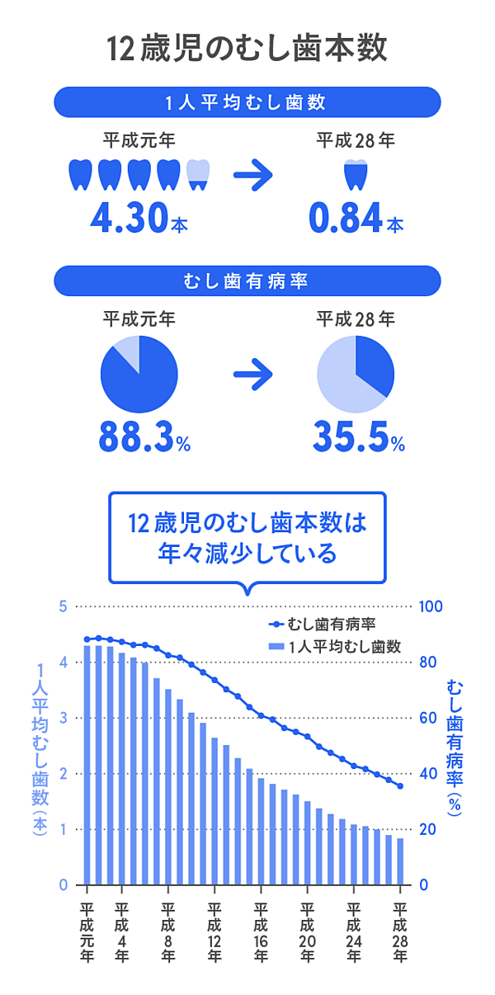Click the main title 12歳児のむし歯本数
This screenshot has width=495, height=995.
tap(247, 49)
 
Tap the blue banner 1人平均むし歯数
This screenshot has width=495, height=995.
tap(247, 103)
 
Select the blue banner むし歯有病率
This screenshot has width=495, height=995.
tap(247, 281)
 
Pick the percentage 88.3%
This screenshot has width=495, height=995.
tap(136, 436)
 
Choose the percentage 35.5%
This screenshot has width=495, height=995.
tap(350, 436)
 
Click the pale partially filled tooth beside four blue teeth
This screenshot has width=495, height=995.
tap(198, 174)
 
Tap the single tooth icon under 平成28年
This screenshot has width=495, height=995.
tap(356, 174)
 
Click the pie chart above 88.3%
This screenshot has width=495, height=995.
tap(139, 375)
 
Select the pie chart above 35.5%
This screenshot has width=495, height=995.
tap(356, 375)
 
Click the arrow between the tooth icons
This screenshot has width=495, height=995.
tap(252, 175)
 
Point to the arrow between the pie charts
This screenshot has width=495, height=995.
tap(252, 375)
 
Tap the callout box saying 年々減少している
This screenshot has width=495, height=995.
tap(247, 539)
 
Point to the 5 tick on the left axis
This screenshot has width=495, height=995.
tap(62, 606)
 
